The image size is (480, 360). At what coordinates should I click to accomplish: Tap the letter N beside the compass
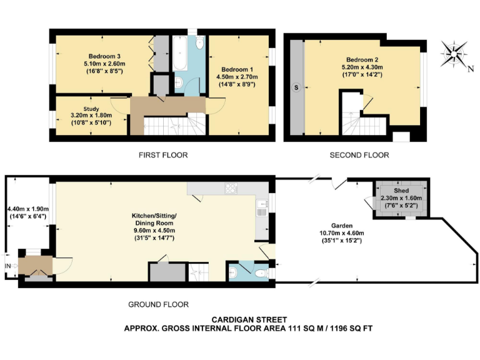471,69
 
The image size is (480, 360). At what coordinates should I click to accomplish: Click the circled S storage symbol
296,87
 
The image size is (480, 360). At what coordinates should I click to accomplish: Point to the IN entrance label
9,266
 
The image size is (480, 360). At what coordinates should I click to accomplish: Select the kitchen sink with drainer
261,209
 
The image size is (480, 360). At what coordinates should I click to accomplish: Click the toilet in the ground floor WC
262,272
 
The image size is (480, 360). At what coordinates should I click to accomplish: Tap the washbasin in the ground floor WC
234,272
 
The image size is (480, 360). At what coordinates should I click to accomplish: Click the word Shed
401,190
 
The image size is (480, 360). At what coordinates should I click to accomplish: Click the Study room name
82,109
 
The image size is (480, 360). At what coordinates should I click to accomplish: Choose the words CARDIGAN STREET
248,319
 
